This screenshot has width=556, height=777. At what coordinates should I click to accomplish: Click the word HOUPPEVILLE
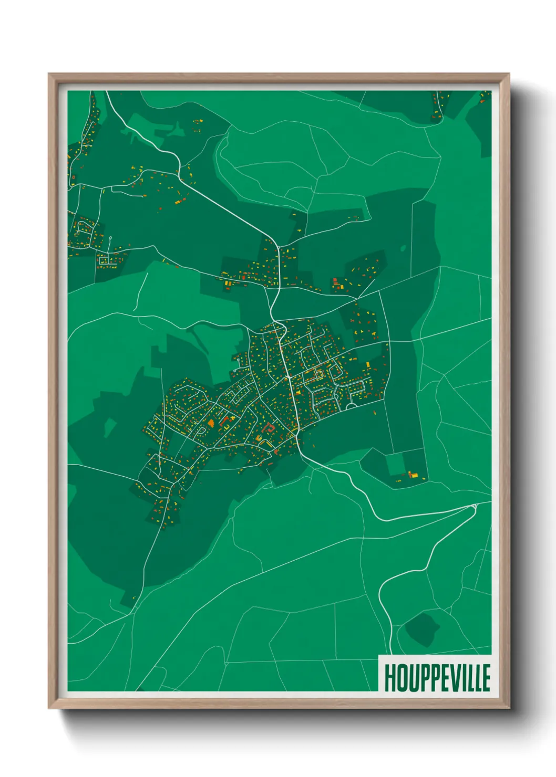[x=437, y=678]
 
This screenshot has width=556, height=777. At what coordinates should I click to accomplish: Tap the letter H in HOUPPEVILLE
[x=390, y=678]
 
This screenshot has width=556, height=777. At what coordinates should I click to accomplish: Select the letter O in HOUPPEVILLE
[x=402, y=678]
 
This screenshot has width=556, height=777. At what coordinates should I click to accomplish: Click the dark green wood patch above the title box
[x=422, y=628]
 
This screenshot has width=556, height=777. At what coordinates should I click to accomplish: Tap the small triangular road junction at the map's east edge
[x=474, y=506]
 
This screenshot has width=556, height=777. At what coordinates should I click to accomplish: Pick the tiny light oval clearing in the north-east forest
[x=403, y=248]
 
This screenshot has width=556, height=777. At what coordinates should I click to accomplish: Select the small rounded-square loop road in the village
[x=318, y=375]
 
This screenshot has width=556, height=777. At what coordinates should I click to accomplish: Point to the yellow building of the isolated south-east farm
[x=414, y=475]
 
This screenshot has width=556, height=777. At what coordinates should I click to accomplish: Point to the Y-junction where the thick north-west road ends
[x=273, y=319]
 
